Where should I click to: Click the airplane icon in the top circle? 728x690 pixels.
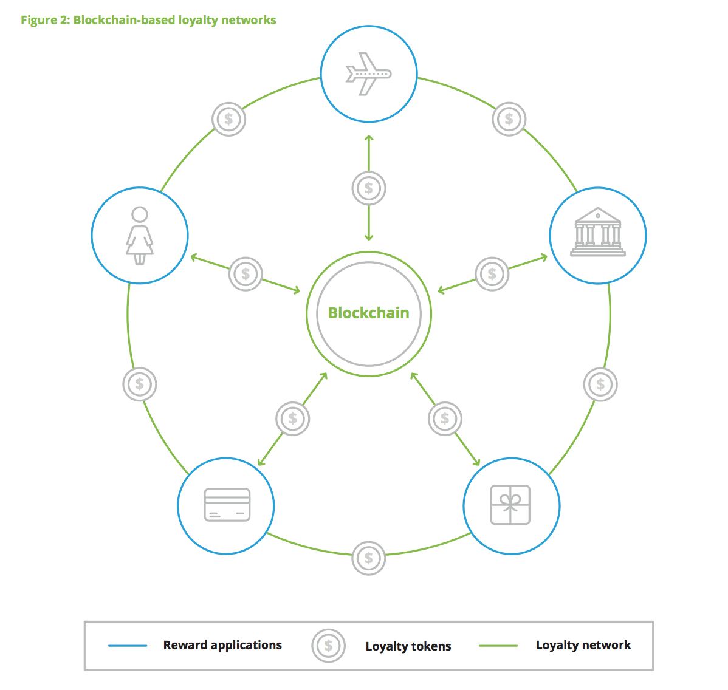point(368,74)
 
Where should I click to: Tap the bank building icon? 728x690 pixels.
point(598,233)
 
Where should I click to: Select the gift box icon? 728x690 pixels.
point(510,505)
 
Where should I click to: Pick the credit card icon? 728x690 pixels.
point(227,505)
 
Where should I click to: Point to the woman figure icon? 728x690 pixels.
point(140,235)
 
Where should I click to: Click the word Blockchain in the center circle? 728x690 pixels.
point(368,313)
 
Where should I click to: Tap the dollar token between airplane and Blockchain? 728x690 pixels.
point(369,188)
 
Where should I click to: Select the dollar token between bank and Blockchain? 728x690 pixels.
point(492,274)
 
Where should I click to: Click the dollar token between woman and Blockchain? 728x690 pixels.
point(246,274)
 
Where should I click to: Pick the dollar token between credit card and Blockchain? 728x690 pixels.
point(293,418)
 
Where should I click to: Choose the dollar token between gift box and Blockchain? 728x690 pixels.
point(445,418)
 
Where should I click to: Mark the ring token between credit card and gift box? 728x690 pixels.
point(369,558)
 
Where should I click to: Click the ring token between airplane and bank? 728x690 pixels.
point(509,119)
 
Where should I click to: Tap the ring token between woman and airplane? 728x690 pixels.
point(228,119)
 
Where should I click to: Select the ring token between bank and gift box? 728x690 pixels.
point(600,384)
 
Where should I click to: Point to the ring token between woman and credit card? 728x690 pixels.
point(140,384)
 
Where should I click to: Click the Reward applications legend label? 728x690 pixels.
point(222,645)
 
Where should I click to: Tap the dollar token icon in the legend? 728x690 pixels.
point(329,646)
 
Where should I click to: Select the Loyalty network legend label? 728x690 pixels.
point(583,645)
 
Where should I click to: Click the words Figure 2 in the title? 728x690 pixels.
point(45,20)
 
